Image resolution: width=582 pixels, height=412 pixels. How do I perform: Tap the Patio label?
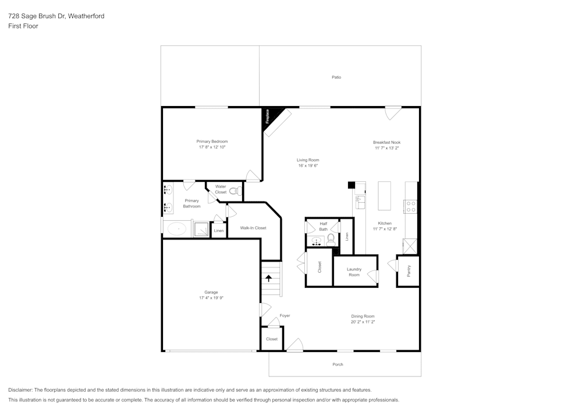coord(336,77)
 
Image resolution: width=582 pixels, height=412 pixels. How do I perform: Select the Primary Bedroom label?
coord(212,142)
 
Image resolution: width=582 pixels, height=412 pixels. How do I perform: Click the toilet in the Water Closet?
coord(234,191)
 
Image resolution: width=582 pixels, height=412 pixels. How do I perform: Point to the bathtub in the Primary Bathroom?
coord(177,229)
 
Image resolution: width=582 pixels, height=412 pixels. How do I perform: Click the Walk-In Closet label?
coord(253,228)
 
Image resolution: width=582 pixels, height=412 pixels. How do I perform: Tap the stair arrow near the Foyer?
coord(269,279)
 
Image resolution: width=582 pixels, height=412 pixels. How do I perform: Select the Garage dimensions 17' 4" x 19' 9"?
coord(211,298)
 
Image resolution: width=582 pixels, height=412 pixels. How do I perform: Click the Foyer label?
coord(285,316)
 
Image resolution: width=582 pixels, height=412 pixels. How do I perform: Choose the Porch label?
coord(338,364)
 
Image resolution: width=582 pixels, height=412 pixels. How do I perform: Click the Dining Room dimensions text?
coord(363,322)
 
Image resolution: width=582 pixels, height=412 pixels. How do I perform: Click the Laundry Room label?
coord(354,272)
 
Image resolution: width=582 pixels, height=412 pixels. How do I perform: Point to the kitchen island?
coord(384,196)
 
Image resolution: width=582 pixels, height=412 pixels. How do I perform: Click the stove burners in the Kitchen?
coord(410,206)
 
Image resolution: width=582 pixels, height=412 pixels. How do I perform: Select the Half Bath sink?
coord(317,240)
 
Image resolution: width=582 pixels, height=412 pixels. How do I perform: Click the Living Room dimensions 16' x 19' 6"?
coord(308,165)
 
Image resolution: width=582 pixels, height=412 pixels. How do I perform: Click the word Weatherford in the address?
coord(86,16)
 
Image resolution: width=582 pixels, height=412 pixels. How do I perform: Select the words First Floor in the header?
coord(23,26)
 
